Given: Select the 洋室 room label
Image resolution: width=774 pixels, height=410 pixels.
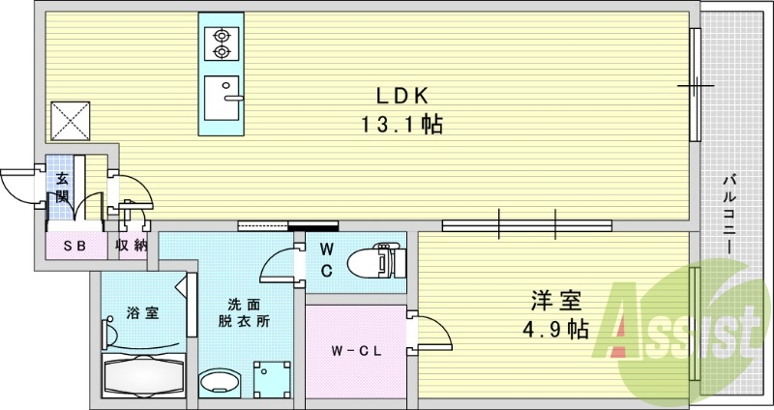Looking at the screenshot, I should (x=547, y=300).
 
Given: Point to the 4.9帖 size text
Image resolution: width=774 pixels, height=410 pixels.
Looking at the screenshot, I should (x=550, y=330).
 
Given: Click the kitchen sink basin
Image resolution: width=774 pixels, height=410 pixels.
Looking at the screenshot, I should (x=223, y=94).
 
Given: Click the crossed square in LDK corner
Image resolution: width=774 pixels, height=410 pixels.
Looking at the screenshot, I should (x=71, y=120).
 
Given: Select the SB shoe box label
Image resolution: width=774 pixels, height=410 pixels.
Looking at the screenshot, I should (x=74, y=246).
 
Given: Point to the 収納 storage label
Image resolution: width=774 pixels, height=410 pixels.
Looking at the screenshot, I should (x=132, y=246).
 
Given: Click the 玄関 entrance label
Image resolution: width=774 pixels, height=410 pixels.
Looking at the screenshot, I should (x=62, y=186).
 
